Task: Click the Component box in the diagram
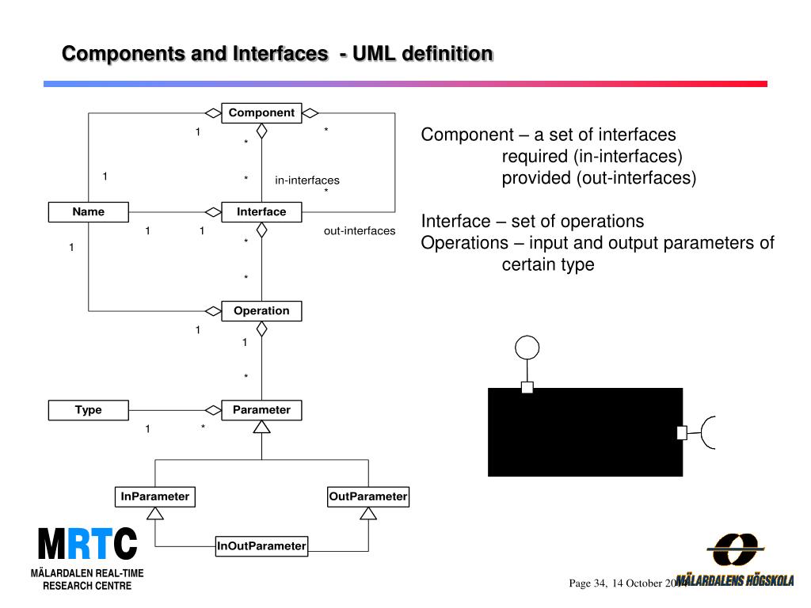pyautogui.click(x=261, y=113)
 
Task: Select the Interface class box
pyautogui.click(x=261, y=212)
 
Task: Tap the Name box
pyautogui.click(x=88, y=212)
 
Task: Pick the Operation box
pyautogui.click(x=261, y=311)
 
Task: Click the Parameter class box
pyautogui.click(x=261, y=410)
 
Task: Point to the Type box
pyautogui.click(x=88, y=410)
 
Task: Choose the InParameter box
pyautogui.click(x=155, y=497)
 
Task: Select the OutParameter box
pyautogui.click(x=368, y=497)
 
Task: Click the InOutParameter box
pyautogui.click(x=261, y=545)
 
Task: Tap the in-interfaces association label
pyautogui.click(x=307, y=180)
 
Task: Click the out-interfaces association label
pyautogui.click(x=359, y=231)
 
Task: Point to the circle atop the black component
pyautogui.click(x=527, y=348)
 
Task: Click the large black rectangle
pyautogui.click(x=585, y=432)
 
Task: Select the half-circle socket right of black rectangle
pyautogui.click(x=707, y=432)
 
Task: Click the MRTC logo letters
pyautogui.click(x=87, y=545)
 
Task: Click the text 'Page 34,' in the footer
pyautogui.click(x=588, y=583)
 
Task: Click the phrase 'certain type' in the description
pyautogui.click(x=548, y=264)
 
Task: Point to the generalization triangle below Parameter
pyautogui.click(x=261, y=427)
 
